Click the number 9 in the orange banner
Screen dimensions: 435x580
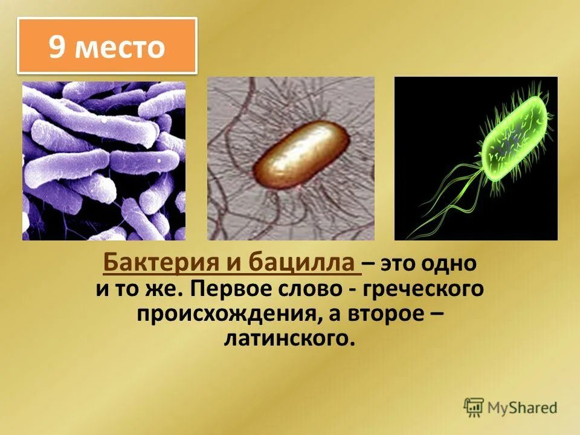(57, 47)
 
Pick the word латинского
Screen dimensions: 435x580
(288, 338)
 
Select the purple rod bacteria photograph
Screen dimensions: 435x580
(104, 161)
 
